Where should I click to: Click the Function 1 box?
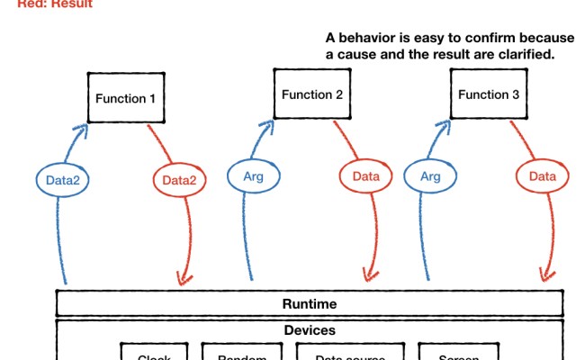(x=127, y=98)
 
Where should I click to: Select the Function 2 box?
(x=311, y=94)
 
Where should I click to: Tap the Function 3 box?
(x=489, y=94)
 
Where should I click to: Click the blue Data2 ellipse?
(x=62, y=179)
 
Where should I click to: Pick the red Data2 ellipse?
(x=178, y=179)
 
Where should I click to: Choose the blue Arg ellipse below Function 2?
(x=253, y=176)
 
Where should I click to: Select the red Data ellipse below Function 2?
(x=365, y=176)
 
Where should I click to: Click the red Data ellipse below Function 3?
(x=542, y=176)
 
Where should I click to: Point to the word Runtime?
(x=310, y=304)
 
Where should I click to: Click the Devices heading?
(x=310, y=330)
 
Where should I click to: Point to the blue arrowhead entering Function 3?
(x=445, y=127)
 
